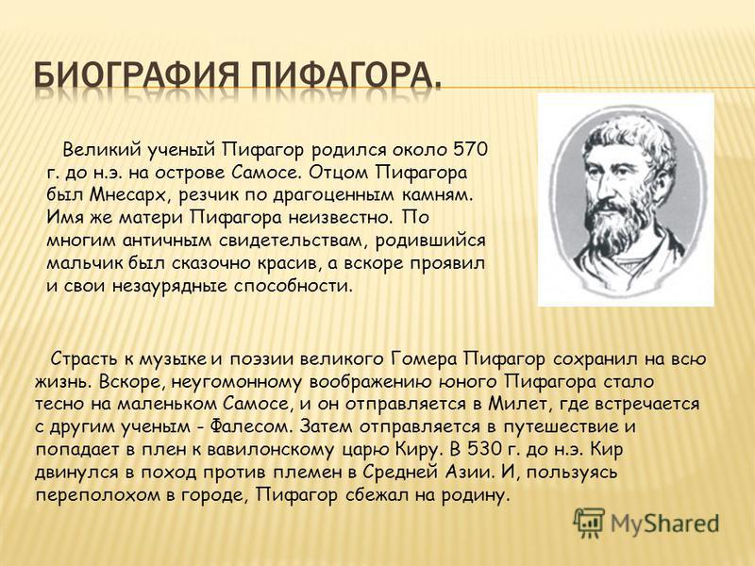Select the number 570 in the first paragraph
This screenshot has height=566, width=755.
(x=470, y=150)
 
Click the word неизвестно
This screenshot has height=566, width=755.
(x=342, y=218)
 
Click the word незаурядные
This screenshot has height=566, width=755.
(x=171, y=286)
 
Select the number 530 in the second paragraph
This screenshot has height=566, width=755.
(x=485, y=450)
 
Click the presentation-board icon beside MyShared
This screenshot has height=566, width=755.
(x=588, y=523)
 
